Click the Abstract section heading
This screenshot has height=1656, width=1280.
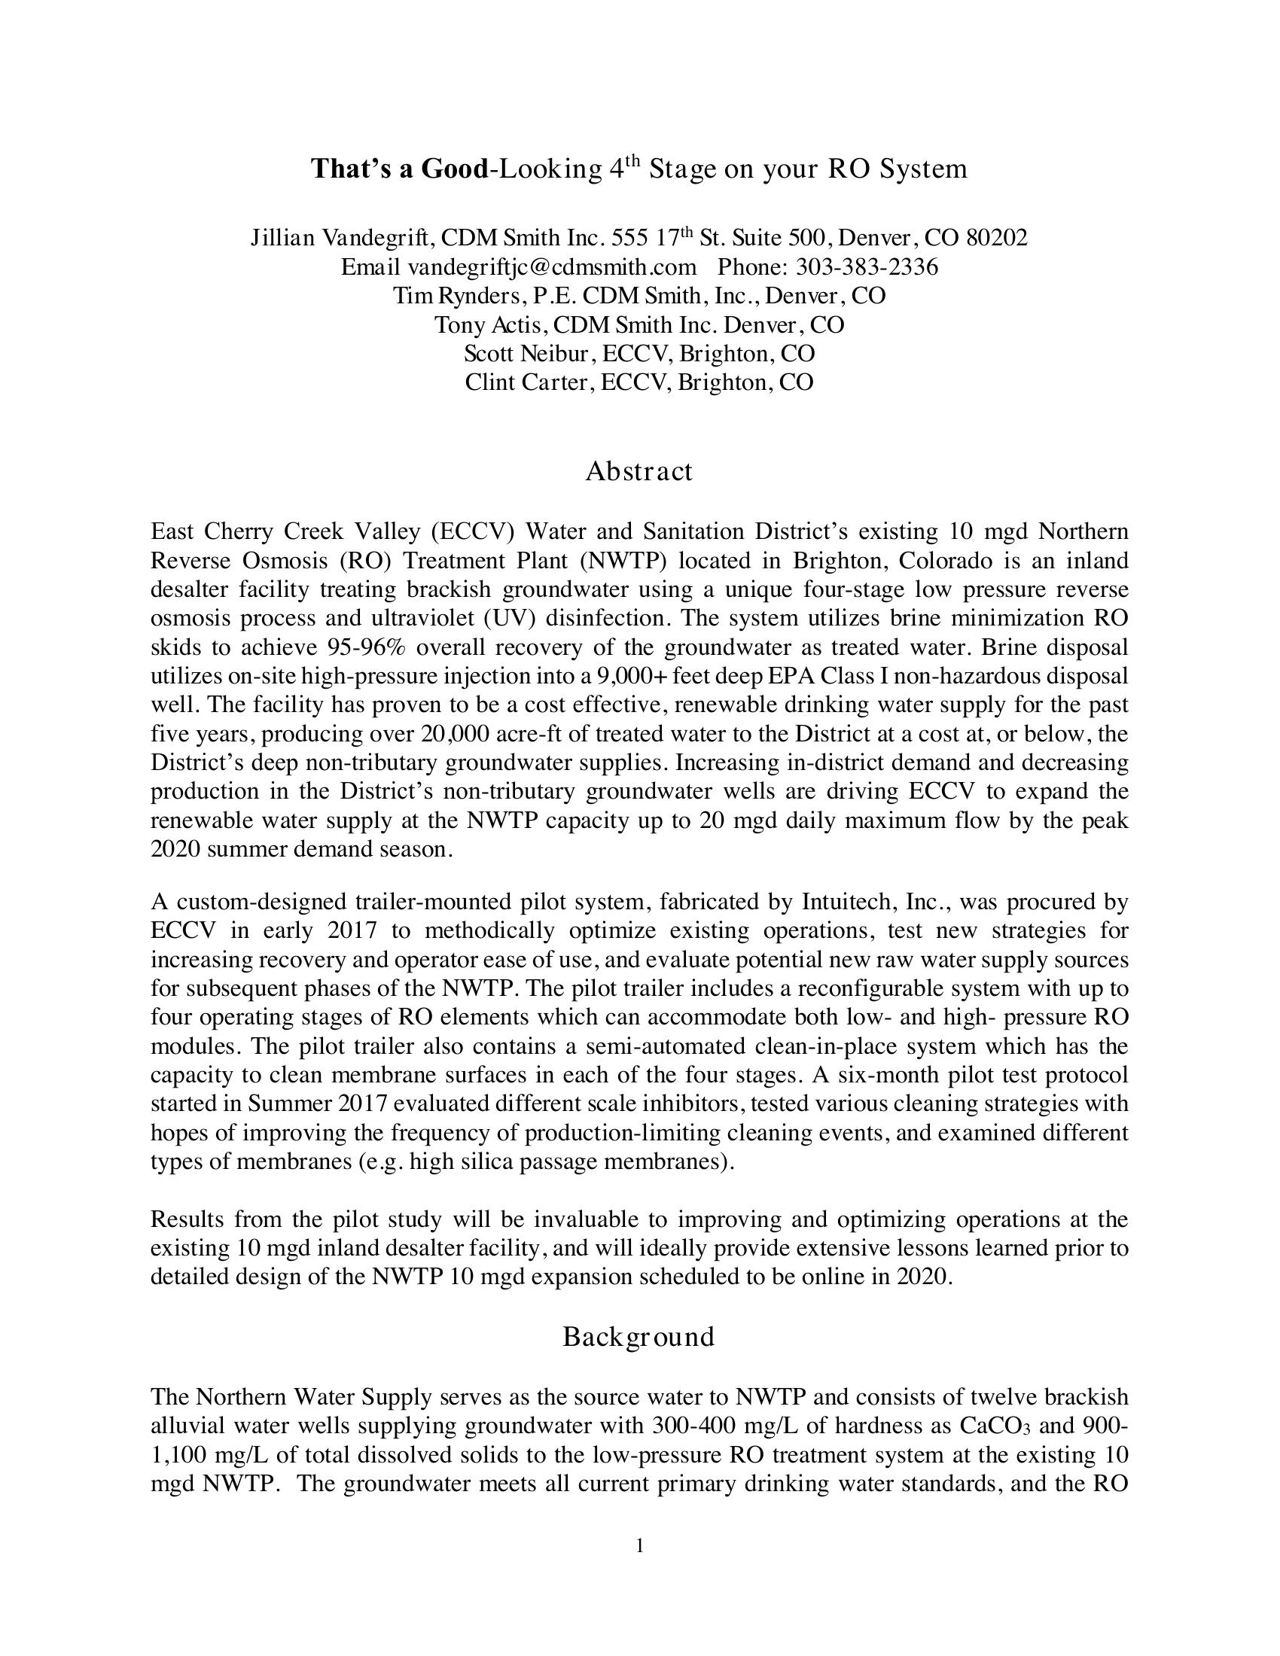click(638, 472)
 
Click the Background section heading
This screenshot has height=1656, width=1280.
click(638, 1337)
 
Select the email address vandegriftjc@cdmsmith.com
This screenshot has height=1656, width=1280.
click(552, 267)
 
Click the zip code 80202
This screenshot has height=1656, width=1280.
click(996, 238)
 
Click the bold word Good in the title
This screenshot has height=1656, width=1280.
click(453, 169)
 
